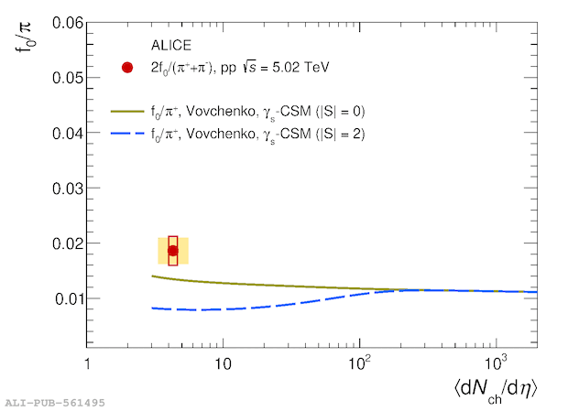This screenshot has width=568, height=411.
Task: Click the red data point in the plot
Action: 172,250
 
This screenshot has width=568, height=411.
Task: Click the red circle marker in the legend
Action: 128,68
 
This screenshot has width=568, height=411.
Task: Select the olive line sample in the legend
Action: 128,112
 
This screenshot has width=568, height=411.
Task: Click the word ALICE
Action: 171,44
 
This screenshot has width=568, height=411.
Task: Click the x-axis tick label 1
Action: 87,363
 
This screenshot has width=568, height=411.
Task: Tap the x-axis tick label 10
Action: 223,363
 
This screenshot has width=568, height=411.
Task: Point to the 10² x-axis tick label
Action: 359,362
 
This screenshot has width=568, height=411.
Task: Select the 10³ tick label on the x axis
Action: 496,362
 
